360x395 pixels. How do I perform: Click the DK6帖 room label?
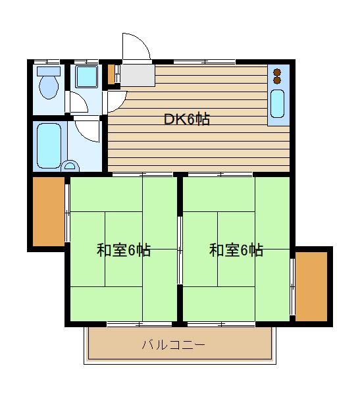click(186, 119)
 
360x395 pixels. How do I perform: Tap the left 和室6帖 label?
click(124, 250)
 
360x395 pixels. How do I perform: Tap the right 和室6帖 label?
click(236, 250)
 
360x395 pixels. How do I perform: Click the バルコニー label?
click(174, 344)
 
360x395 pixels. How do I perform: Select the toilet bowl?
click(49, 87)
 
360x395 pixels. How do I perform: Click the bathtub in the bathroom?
click(49, 145)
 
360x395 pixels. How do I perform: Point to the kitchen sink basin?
click(277, 104)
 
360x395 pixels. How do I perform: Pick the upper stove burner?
click(277, 72)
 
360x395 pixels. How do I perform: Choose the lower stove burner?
click(277, 80)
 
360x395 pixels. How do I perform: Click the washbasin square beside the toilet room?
click(86, 76)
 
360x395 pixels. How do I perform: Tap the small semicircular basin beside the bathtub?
click(70, 166)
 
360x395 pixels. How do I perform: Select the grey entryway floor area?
click(138, 75)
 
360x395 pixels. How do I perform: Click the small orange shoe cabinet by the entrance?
click(111, 74)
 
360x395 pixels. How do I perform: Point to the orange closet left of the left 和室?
click(49, 211)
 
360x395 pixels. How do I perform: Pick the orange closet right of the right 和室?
click(311, 286)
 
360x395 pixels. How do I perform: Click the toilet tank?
click(49, 71)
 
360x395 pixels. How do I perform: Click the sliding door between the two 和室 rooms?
click(180, 250)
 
